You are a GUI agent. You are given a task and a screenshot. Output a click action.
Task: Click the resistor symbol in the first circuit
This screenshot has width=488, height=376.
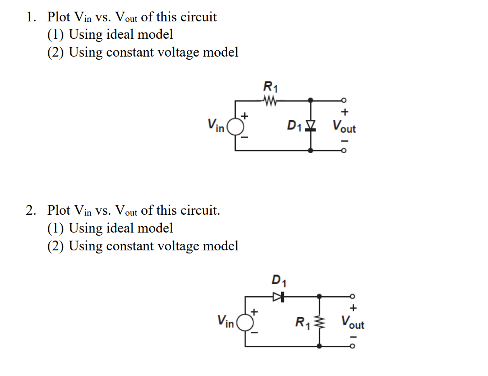(x=271, y=101)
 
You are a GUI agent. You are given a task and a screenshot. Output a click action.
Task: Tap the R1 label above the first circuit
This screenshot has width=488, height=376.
(x=270, y=86)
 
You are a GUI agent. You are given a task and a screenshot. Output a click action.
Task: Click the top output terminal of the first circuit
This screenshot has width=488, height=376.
(x=343, y=101)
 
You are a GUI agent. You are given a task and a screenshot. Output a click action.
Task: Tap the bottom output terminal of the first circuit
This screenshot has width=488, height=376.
(x=343, y=151)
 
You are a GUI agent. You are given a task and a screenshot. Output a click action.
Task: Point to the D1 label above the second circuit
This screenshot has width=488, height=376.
(x=279, y=281)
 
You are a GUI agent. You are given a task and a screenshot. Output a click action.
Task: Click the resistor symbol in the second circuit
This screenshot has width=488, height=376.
(x=320, y=321)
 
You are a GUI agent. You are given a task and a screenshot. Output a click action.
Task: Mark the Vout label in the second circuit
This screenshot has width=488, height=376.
(x=353, y=322)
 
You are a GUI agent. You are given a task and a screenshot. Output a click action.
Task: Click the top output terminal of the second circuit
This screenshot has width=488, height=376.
(x=352, y=296)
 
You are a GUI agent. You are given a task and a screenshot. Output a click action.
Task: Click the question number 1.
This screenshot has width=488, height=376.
(x=30, y=17)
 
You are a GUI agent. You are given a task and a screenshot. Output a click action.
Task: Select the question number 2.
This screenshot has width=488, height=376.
(x=30, y=210)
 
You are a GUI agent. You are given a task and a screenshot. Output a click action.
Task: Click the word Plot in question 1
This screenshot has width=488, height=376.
(x=59, y=17)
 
